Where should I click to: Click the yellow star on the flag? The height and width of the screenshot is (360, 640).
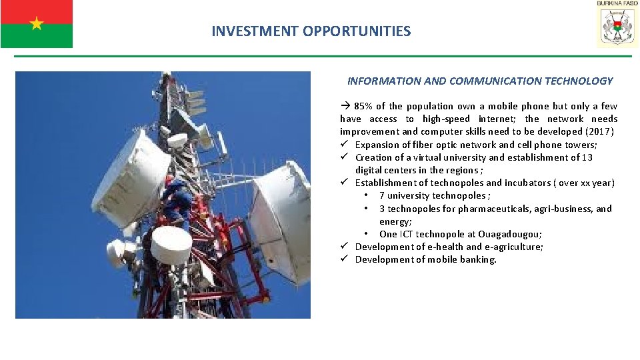click(36, 24)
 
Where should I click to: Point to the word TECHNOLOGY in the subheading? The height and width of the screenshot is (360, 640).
click(579, 81)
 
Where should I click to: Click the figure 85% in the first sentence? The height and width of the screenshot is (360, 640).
click(365, 106)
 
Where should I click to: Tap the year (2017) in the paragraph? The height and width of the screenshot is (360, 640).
click(599, 131)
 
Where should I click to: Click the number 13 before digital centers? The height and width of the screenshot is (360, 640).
click(587, 157)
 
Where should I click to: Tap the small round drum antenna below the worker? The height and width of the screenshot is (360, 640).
click(171, 245)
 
